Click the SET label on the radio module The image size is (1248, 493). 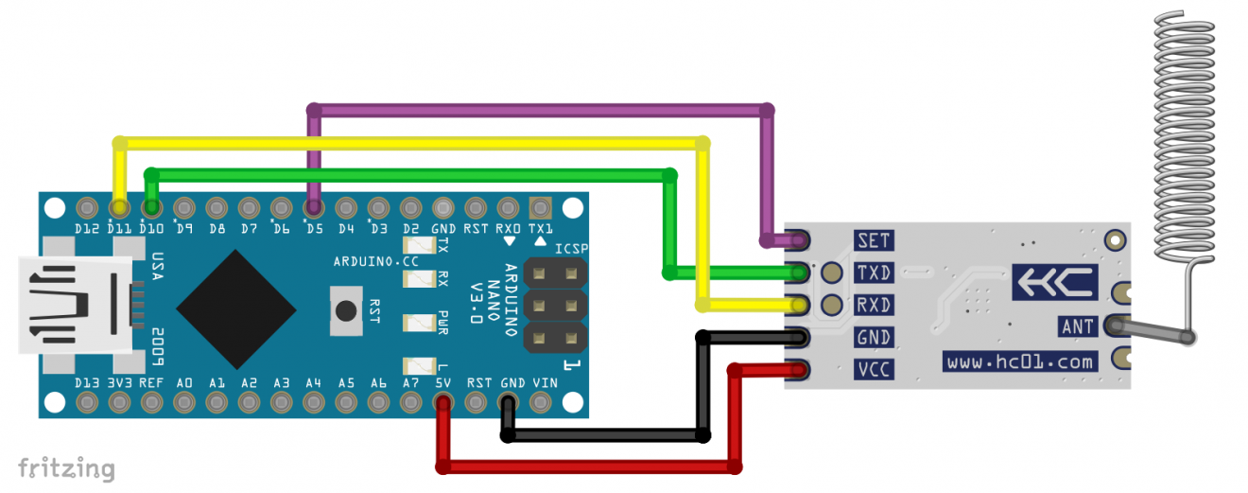873,240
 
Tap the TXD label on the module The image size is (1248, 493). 873,273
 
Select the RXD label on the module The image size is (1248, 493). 873,305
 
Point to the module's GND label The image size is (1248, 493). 873,337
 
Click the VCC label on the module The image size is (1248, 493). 873,369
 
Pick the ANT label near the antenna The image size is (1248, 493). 1077,326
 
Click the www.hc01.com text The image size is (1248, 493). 1020,361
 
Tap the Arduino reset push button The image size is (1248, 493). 347,310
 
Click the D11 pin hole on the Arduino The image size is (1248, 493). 119,207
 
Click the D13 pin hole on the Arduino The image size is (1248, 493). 87,404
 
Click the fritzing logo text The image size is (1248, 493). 66,468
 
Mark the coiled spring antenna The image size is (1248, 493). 1182,132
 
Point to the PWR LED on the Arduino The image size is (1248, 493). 417,322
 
